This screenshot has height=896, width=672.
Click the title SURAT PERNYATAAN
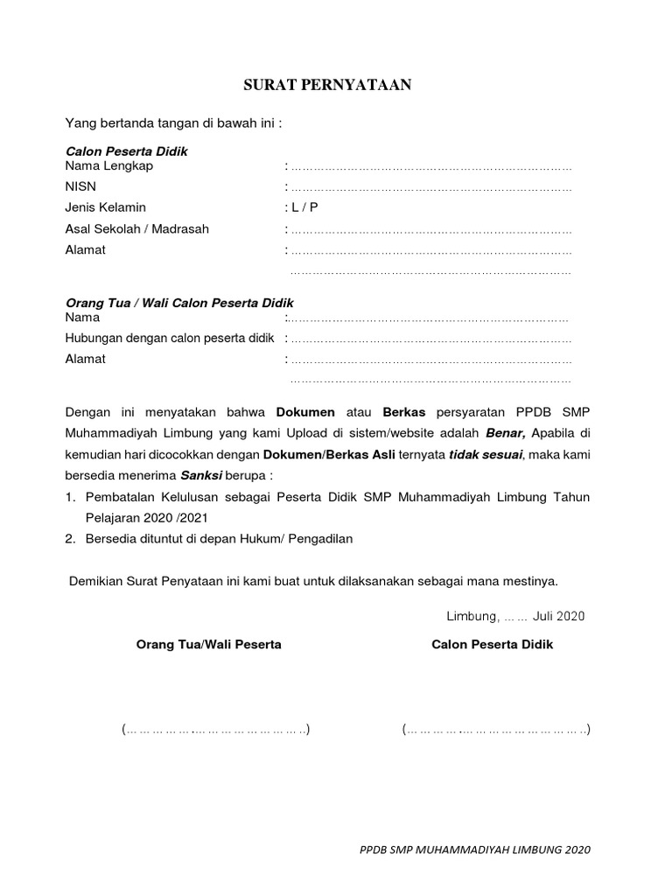[326, 86]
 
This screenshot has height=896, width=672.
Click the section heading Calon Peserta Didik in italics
[126, 151]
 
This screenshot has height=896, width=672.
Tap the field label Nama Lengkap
[108, 166]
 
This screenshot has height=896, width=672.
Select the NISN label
[80, 187]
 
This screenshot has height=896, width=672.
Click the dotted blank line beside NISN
[430, 188]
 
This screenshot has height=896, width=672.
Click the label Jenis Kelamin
[105, 208]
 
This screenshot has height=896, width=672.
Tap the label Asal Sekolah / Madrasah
[136, 229]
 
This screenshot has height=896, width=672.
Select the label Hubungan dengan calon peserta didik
[170, 338]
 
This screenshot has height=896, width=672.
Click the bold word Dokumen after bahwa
[306, 411]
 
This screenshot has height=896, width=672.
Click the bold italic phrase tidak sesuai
[486, 454]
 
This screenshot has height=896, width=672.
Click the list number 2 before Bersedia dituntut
[70, 539]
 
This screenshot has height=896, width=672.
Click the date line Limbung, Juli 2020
[514, 616]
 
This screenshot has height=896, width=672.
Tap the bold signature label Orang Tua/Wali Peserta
[208, 645]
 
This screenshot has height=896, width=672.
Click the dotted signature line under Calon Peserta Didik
[495, 729]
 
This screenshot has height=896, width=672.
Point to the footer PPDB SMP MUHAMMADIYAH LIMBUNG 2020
[475, 850]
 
